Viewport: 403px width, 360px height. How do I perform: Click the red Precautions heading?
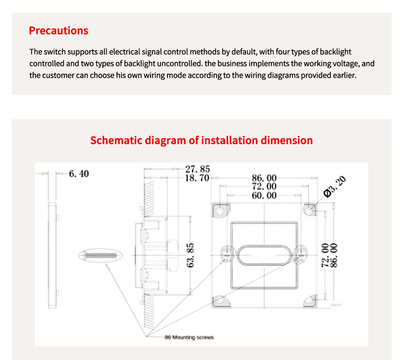point(58,31)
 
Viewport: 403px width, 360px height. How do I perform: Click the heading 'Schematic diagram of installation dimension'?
point(201,140)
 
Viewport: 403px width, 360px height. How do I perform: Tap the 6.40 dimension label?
point(79,174)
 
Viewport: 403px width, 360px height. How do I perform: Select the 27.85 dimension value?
point(197,169)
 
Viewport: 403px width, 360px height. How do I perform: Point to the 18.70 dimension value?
point(197,178)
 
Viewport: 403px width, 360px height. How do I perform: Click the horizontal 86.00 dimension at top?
point(264,178)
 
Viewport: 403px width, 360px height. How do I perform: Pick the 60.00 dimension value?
point(264,195)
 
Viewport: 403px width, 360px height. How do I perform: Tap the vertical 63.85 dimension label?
point(190,255)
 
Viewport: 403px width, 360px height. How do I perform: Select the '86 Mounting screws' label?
point(189,337)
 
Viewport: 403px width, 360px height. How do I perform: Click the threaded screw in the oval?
point(101,256)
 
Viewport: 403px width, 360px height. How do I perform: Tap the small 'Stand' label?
point(336,305)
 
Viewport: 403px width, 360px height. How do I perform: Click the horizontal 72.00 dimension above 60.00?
point(264,186)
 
